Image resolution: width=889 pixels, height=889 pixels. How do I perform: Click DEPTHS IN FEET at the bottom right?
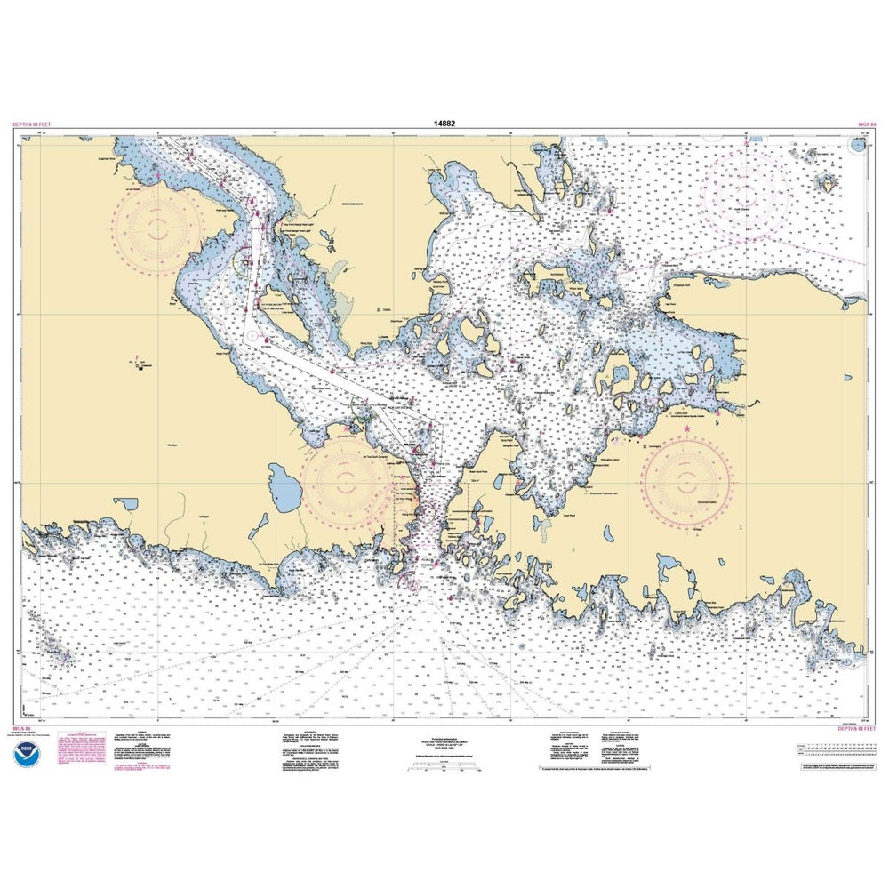click(853, 729)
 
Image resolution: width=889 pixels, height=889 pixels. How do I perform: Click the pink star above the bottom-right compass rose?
click(687, 429)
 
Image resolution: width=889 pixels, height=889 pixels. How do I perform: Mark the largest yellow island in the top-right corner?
click(827, 181)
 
